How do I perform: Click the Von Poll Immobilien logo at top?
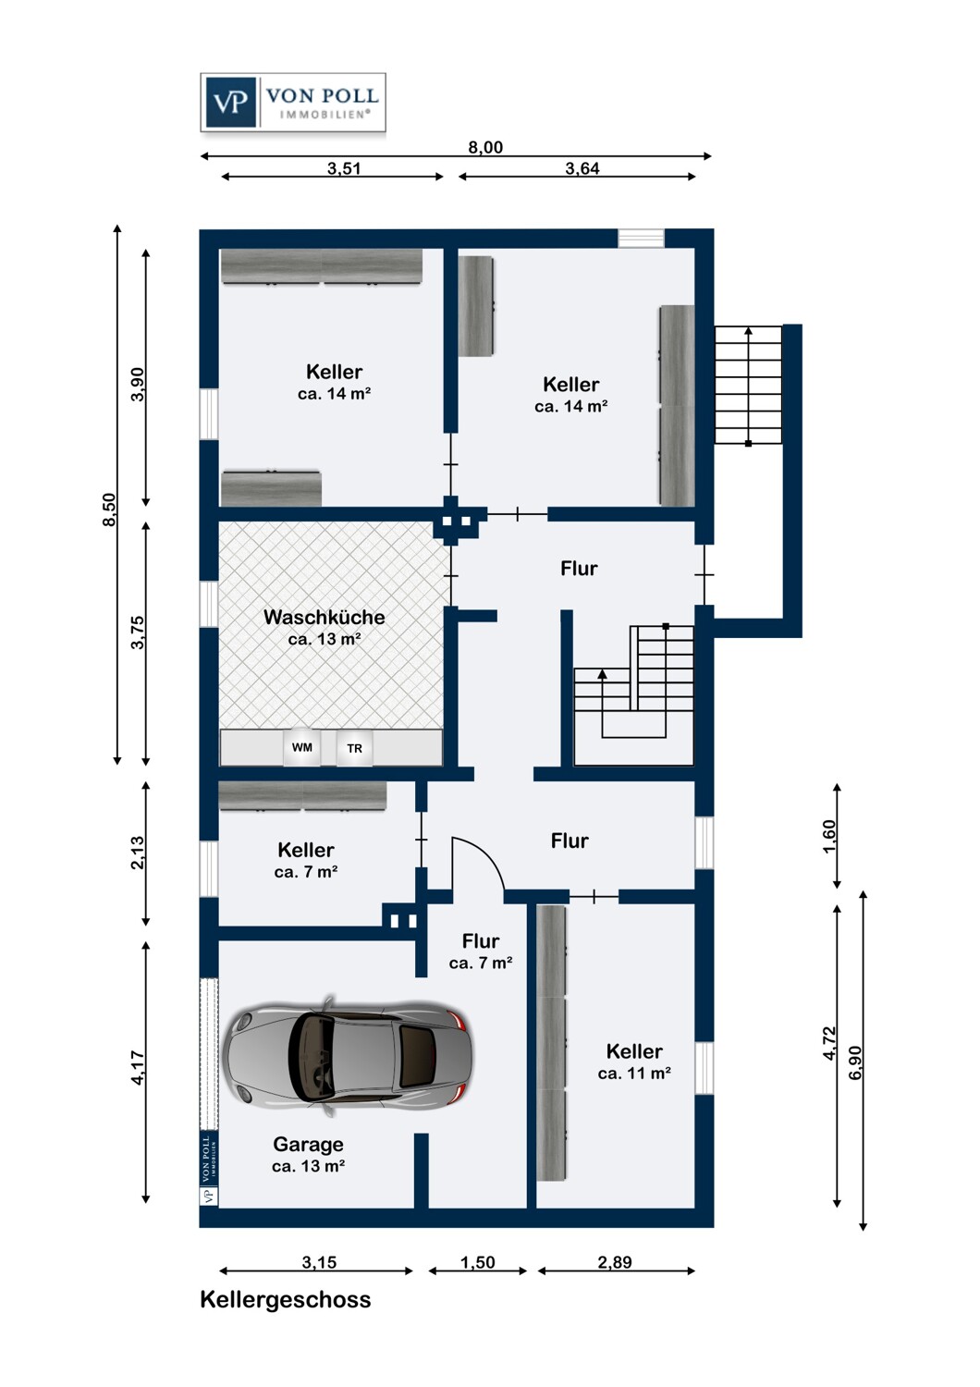[292, 103]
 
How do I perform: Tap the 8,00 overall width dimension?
[485, 147]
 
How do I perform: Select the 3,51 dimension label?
[344, 168]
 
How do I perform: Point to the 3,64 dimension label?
[582, 168]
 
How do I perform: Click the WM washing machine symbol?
[302, 747]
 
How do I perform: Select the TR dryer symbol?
[355, 748]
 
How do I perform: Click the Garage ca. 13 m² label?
[308, 1155]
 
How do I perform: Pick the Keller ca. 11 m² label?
[634, 1062]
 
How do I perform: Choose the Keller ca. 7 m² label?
[306, 860]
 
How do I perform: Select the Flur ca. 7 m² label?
[481, 951]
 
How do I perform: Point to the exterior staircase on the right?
[748, 385]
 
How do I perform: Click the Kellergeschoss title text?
[286, 1299]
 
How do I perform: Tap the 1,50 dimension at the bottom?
[478, 1262]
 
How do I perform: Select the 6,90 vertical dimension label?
[856, 1062]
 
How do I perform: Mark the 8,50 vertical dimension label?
[110, 509]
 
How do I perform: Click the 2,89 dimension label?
[615, 1262]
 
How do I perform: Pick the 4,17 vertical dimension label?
[138, 1068]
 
